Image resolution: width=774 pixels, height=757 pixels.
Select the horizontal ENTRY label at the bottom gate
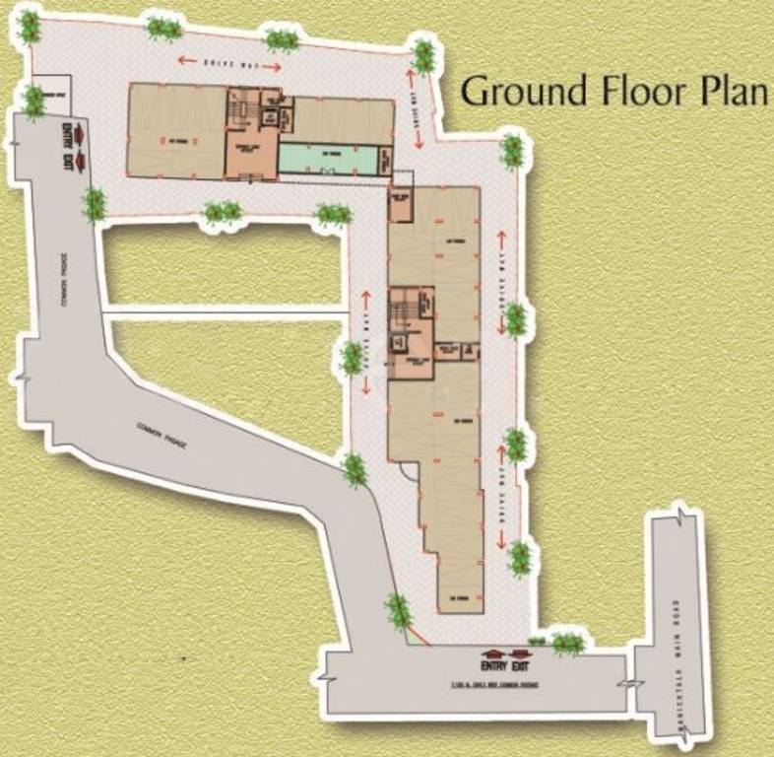(x=491, y=666)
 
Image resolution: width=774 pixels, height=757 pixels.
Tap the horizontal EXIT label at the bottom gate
(x=520, y=666)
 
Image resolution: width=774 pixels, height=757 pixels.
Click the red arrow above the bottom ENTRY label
(x=490, y=653)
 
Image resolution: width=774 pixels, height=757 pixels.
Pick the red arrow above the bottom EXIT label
(x=519, y=653)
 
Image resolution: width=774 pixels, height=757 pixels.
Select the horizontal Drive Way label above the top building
(x=229, y=64)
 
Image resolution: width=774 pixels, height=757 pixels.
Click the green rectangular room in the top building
(x=328, y=158)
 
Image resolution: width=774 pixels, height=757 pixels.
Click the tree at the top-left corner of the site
(x=30, y=27)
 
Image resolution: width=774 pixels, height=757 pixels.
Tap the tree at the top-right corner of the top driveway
(x=423, y=54)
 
